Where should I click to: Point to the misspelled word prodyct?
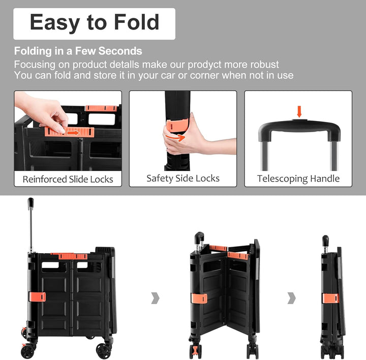click(204, 65)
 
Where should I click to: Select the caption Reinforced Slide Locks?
click(68, 179)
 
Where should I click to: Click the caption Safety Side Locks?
click(183, 178)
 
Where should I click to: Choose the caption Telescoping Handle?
click(298, 178)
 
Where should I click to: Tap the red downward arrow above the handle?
click(299, 111)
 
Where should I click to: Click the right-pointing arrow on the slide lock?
click(73, 133)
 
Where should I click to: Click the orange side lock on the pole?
click(177, 126)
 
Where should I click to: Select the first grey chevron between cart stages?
click(156, 298)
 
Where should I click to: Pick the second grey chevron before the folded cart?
click(292, 298)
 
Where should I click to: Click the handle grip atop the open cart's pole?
click(30, 202)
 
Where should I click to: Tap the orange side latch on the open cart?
click(37, 296)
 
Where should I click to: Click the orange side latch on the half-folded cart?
click(199, 298)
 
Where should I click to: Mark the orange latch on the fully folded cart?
click(330, 298)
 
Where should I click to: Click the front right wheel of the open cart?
click(104, 351)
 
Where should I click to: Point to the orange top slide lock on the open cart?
click(73, 256)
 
